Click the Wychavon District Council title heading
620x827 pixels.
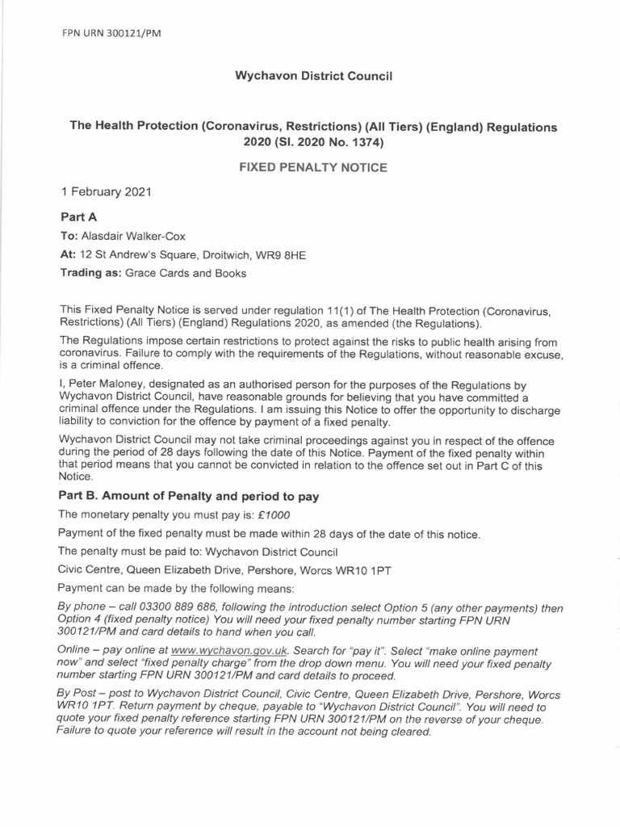click(312, 76)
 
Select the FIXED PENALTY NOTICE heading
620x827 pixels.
click(312, 168)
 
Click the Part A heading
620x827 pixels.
click(79, 217)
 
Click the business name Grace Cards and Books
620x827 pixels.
click(184, 273)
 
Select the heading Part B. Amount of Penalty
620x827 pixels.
click(190, 496)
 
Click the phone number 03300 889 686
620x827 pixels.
click(172, 608)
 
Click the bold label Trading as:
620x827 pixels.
click(90, 273)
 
